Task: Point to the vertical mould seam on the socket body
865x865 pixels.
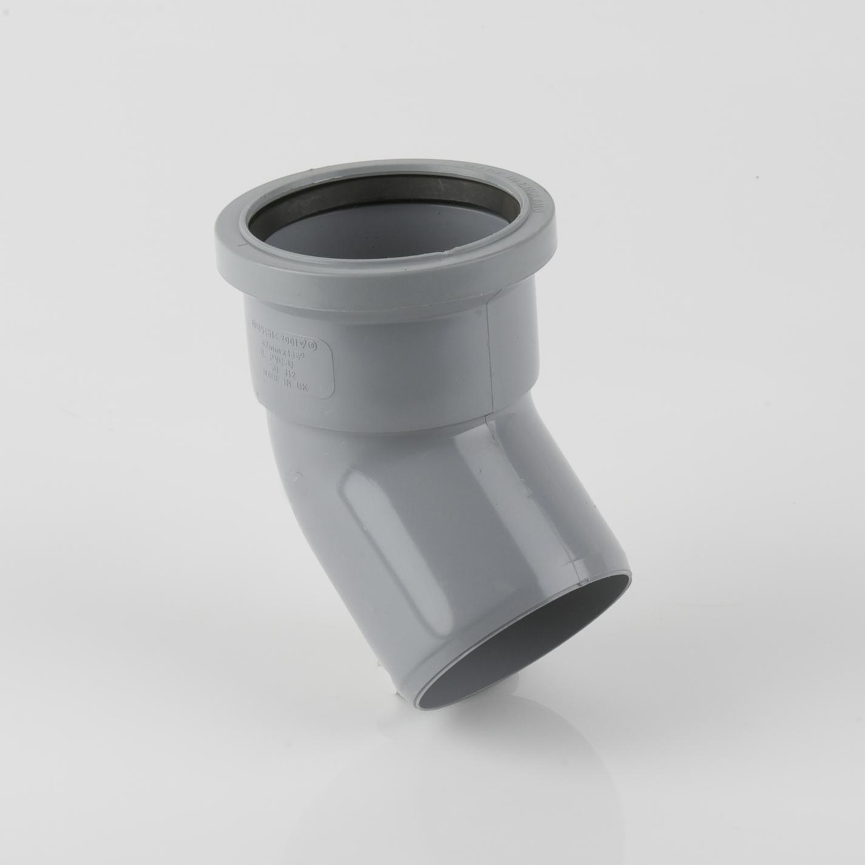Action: (x=489, y=358)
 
